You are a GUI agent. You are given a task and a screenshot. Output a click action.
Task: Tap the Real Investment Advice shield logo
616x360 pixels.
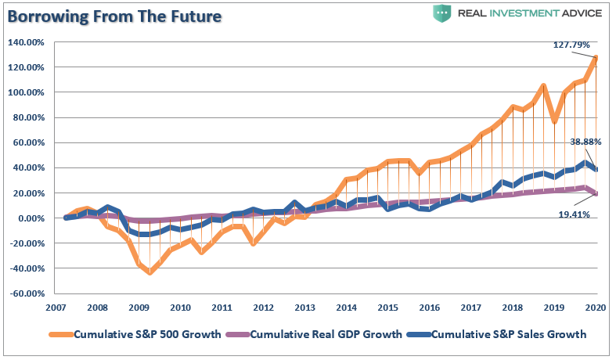coord(441,13)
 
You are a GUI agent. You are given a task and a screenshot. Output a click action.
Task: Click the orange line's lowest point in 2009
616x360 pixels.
coord(149,272)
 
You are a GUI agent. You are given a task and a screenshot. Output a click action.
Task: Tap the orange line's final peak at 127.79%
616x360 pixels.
coord(596,57)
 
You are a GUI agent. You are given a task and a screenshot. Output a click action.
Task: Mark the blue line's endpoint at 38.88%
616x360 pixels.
coord(596,169)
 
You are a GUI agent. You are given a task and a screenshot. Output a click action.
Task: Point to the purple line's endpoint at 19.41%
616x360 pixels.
coord(596,193)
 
